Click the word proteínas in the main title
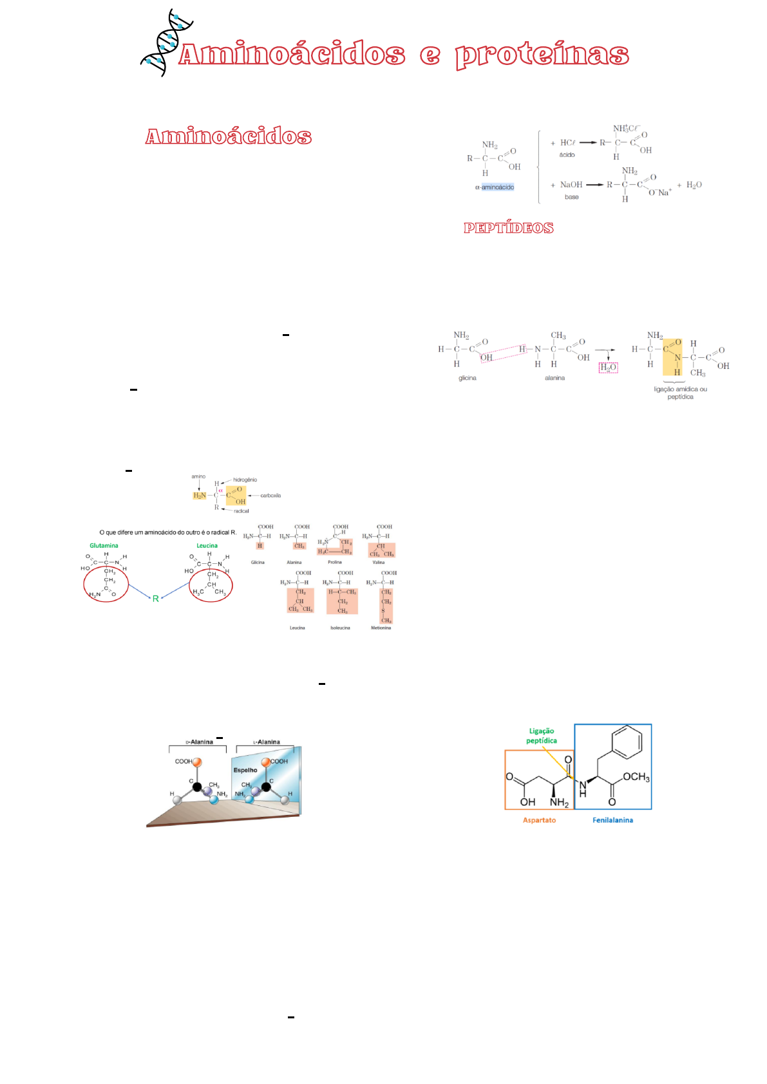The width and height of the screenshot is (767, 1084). coord(542,55)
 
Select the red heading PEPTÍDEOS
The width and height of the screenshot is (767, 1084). coord(508,228)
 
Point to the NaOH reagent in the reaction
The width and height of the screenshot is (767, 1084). coord(571,185)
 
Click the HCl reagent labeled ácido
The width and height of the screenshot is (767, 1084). coord(567,143)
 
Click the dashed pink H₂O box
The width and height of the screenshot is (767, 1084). coord(608,368)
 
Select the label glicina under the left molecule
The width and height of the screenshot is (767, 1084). coord(467,378)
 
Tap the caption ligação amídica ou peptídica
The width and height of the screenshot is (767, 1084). coord(680,393)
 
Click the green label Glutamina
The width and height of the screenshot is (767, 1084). coord(104,546)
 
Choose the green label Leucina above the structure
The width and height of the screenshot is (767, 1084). coord(207,546)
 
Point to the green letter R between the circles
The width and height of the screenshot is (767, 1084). coord(155,599)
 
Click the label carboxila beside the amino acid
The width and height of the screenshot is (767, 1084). coord(270,496)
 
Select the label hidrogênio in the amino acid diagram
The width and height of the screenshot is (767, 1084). coord(245,480)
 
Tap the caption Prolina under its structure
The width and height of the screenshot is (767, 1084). coord(334,563)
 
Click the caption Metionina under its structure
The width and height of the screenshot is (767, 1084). coord(381,628)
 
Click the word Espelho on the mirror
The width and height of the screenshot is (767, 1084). coord(245,770)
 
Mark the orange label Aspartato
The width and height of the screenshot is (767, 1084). coord(539,820)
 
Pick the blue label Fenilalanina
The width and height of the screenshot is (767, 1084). coord(612,820)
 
